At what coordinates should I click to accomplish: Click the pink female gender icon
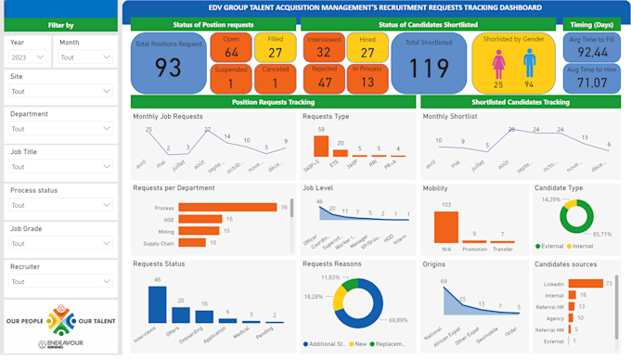pyautogui.click(x=498, y=64)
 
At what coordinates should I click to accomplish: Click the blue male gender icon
pyautogui.click(x=529, y=64)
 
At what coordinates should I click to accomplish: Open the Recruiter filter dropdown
pyautogui.click(x=59, y=281)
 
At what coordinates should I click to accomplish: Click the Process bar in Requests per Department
pyautogui.click(x=227, y=208)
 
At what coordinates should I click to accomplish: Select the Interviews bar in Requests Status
pyautogui.click(x=157, y=304)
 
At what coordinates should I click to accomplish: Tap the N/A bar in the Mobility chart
pyautogui.click(x=446, y=227)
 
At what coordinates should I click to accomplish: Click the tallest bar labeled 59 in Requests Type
pyautogui.click(x=321, y=147)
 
